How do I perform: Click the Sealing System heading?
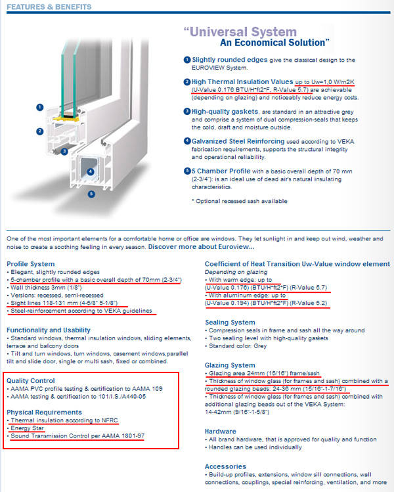(x=230, y=323)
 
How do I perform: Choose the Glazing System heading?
(x=230, y=365)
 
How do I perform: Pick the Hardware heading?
(x=221, y=432)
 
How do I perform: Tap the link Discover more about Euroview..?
(x=200, y=246)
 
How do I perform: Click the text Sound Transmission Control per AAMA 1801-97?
(x=77, y=436)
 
